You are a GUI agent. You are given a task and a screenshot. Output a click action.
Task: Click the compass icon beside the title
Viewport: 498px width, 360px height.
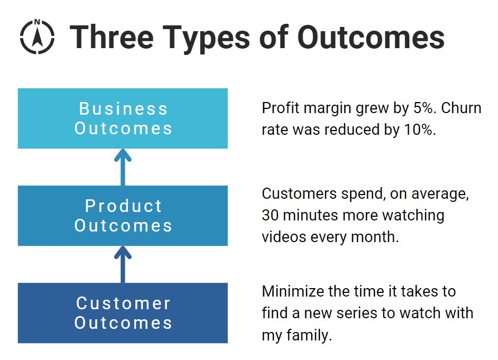(37, 36)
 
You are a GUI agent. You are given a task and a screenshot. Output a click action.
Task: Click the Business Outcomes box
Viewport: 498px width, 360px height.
(123, 118)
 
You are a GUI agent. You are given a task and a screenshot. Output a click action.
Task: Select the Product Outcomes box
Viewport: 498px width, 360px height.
(123, 216)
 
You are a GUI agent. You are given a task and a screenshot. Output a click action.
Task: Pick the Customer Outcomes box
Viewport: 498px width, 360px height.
(123, 313)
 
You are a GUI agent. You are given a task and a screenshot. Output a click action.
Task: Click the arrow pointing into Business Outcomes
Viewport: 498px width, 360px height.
(123, 167)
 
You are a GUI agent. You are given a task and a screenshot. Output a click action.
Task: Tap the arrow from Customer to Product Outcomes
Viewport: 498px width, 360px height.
(123, 264)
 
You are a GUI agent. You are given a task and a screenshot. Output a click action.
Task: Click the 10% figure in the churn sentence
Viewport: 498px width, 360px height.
(421, 130)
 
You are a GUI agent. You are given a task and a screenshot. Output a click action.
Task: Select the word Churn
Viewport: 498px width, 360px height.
(461, 108)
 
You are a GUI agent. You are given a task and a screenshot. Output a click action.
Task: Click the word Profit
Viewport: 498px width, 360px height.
(279, 108)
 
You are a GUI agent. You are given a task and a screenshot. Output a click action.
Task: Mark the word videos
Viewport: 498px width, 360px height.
(280, 237)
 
